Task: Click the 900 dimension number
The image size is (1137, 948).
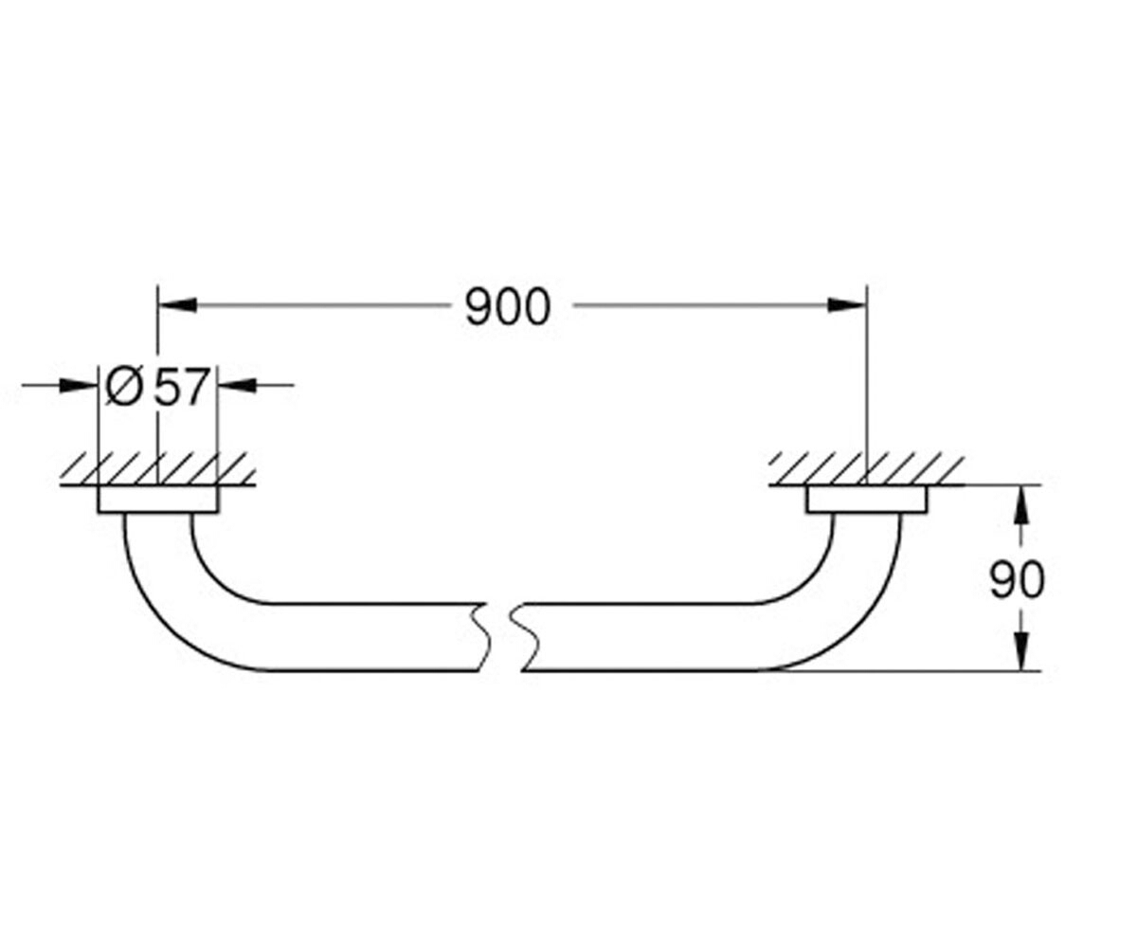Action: (x=508, y=307)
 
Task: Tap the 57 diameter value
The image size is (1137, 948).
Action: (x=181, y=388)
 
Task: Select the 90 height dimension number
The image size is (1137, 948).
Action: (x=1018, y=580)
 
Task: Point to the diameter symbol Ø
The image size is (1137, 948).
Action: (x=124, y=387)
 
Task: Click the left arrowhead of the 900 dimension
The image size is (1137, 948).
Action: (x=177, y=305)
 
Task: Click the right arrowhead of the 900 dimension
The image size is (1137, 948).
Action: (x=847, y=305)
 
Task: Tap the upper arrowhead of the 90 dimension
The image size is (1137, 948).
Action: (x=1021, y=504)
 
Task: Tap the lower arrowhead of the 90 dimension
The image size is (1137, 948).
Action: (x=1021, y=651)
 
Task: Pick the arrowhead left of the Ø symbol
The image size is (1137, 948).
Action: (x=79, y=385)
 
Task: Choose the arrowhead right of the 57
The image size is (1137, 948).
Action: (x=237, y=385)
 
